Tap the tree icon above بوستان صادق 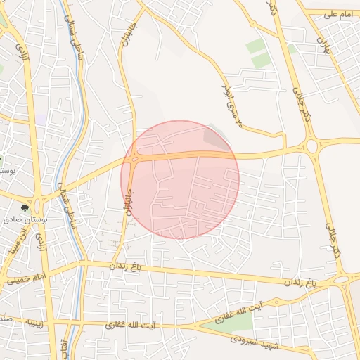pyautogui.click(x=25, y=208)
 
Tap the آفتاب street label pyautogui.click(x=64, y=348)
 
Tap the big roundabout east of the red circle pyautogui.click(x=310, y=146)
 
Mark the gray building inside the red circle pyautogui.click(x=212, y=136)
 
